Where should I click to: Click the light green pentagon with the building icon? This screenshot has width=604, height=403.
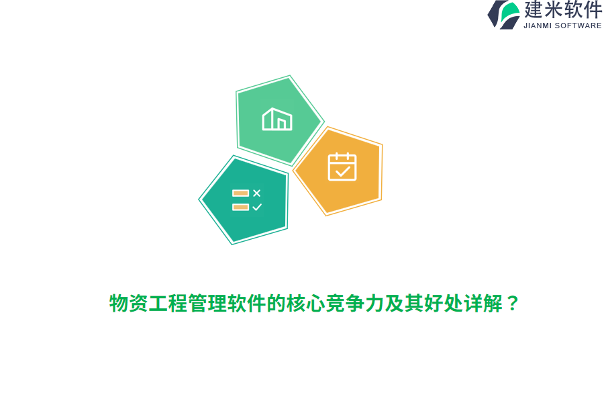[x=277, y=121]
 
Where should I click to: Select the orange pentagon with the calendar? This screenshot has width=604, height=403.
[x=340, y=171]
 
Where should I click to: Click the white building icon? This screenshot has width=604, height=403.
[x=277, y=120]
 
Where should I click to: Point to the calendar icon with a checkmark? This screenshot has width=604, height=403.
[x=342, y=167]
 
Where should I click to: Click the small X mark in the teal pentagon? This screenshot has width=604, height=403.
[x=256, y=193]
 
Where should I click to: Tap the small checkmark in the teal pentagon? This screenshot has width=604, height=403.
[x=256, y=207]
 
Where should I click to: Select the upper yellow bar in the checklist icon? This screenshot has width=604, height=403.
[x=240, y=193]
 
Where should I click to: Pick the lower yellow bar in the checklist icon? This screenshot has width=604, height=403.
[x=240, y=207]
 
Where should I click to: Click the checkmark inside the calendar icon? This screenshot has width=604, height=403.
[x=342, y=172]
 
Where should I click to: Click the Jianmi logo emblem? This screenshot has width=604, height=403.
[x=504, y=14]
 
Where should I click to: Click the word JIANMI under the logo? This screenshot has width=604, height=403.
[x=538, y=26]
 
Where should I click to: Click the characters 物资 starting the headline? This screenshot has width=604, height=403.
[x=129, y=304]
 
